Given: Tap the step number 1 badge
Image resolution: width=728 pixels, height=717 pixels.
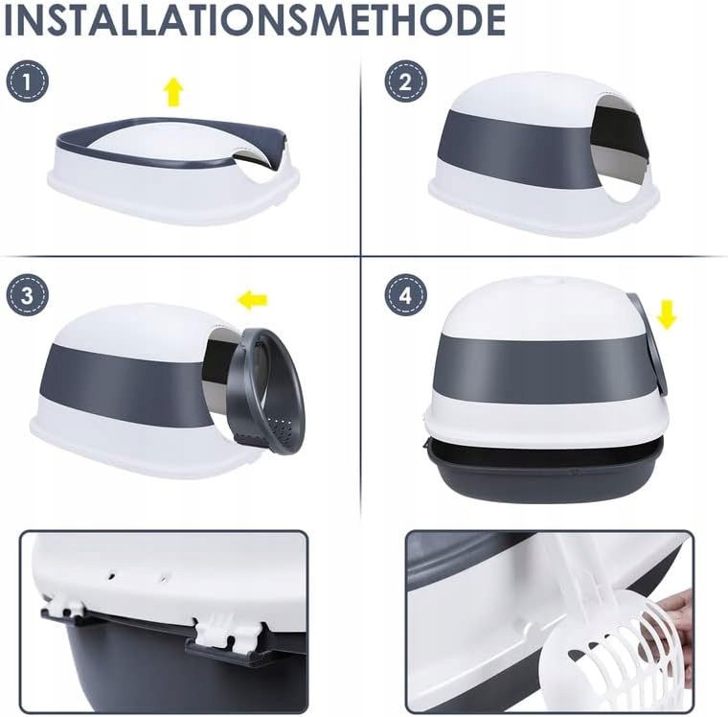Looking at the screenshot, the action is point(28,82).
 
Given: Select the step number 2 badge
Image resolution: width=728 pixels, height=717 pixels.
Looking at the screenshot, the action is point(405,81).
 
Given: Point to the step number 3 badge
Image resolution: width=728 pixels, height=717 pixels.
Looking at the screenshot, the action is point(28,295).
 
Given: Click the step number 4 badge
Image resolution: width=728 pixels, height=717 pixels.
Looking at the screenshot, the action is point(405,295).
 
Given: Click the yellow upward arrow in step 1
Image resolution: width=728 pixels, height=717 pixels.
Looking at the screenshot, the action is point(173,91).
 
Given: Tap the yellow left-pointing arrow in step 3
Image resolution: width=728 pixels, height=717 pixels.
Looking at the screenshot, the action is point(252,300).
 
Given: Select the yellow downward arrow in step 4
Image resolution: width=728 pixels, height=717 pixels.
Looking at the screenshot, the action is point(667,314).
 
